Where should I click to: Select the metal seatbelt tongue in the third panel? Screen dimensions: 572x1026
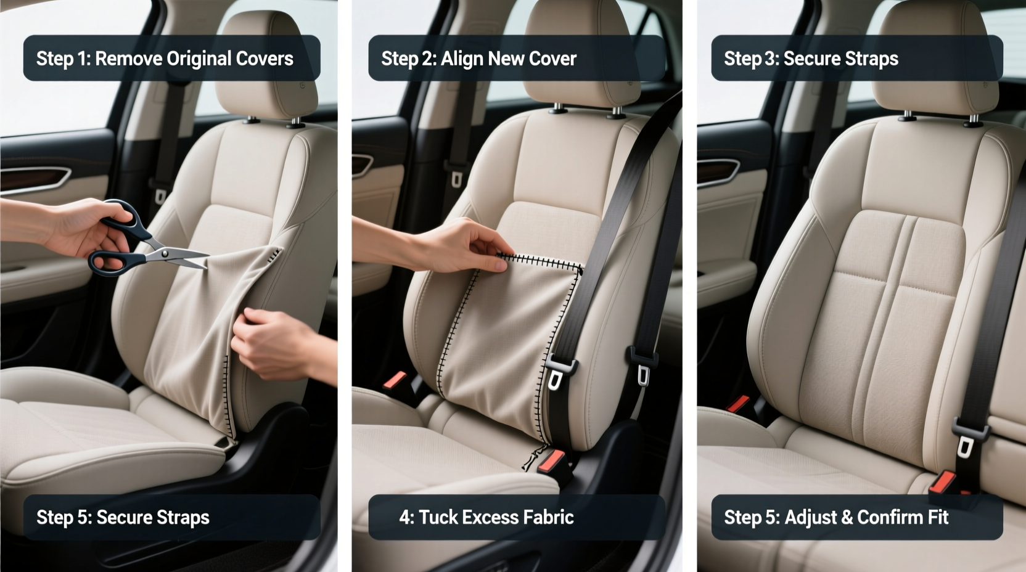[964, 445]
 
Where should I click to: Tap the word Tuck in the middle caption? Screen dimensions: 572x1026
[437, 517]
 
